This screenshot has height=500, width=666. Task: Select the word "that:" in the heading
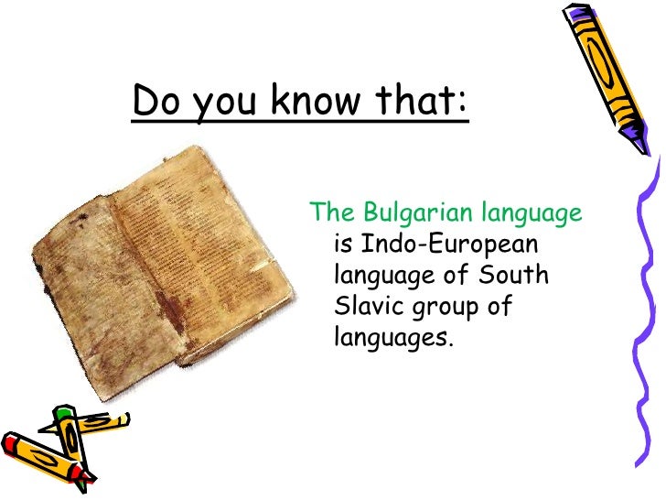[424, 102]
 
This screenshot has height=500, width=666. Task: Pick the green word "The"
[331, 214]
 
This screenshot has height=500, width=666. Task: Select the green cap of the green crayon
[62, 415]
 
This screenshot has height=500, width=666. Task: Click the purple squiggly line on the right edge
[651, 302]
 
